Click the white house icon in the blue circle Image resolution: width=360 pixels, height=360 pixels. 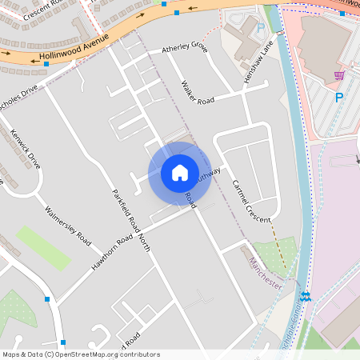coord(180,172)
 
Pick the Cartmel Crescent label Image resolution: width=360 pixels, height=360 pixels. coord(251,200)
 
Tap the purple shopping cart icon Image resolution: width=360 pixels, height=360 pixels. coord(339,77)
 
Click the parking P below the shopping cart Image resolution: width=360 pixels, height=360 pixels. coord(338,98)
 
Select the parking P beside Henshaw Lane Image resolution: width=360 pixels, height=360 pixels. coord(260,28)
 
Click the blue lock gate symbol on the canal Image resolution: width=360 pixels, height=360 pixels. coord(304,296)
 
